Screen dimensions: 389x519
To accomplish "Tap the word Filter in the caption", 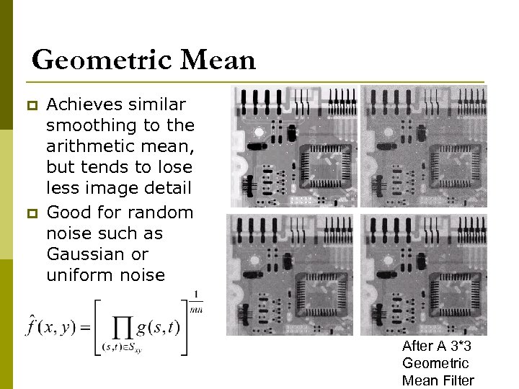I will (x=454, y=380).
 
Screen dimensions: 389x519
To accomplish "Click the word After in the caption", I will (x=419, y=346).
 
